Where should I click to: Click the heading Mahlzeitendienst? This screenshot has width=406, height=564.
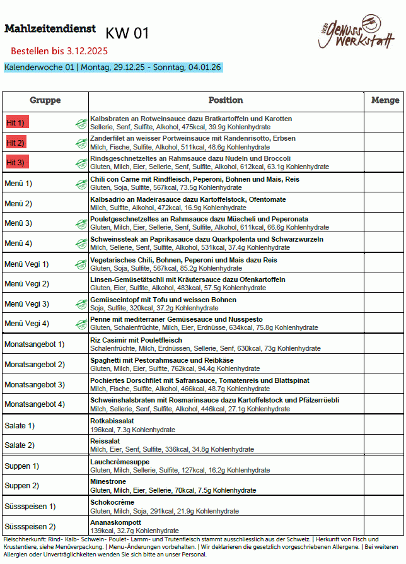point(50,29)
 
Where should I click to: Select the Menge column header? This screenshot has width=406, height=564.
point(385,100)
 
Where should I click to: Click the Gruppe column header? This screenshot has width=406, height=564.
point(45,100)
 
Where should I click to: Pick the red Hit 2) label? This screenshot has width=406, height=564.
point(16,143)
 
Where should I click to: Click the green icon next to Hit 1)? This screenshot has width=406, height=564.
point(81,123)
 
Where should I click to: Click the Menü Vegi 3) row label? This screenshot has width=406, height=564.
point(26,304)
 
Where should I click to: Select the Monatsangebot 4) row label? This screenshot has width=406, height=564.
point(35,404)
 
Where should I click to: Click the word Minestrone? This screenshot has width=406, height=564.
point(108,481)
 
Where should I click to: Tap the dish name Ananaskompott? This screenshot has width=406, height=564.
point(116,522)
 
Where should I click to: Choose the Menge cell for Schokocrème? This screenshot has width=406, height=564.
point(385,506)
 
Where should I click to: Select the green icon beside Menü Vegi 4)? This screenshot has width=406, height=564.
point(81,324)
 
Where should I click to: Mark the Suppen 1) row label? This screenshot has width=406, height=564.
point(22,466)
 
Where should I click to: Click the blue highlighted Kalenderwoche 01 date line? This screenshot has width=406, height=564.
point(113,68)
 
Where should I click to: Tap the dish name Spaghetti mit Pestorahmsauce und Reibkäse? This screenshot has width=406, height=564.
point(162,360)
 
